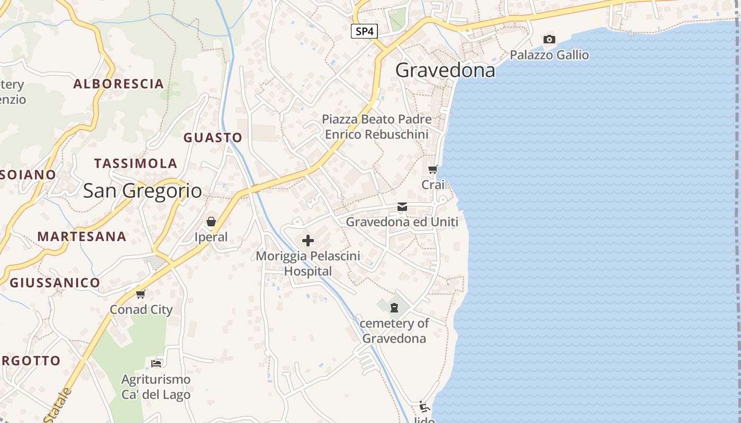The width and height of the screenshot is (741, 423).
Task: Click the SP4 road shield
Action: (x=364, y=31)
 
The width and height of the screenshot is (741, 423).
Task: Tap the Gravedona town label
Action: (x=445, y=70)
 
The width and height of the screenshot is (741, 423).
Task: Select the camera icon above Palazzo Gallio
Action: (x=549, y=39)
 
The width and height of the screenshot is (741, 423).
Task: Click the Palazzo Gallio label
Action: (x=549, y=55)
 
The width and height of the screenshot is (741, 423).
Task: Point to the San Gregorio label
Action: (x=142, y=191)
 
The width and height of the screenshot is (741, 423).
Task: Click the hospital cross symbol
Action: (x=308, y=241)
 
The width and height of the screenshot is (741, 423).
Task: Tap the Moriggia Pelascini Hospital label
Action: (x=308, y=263)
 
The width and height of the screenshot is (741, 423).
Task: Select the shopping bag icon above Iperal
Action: (x=211, y=222)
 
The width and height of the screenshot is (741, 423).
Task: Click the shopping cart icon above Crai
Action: (x=432, y=170)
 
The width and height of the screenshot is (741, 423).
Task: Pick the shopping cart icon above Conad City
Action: (x=140, y=294)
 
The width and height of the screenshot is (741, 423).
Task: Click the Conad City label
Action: (x=141, y=309)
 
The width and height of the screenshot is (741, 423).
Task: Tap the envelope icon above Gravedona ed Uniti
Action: (x=402, y=207)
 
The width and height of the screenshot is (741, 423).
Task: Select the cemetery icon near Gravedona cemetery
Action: (x=394, y=307)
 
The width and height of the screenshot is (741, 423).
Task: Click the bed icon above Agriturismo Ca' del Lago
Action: (x=156, y=363)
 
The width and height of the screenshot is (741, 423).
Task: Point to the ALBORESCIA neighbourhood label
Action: (x=119, y=84)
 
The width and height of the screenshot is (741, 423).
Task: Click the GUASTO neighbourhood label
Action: (x=213, y=137)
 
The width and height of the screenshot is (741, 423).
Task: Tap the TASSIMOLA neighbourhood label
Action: (x=135, y=163)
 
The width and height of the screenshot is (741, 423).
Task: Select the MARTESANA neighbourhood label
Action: (x=82, y=236)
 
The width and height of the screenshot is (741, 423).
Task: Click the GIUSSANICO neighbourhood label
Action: (x=55, y=283)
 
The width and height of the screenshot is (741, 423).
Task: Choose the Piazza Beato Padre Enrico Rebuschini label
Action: (x=376, y=127)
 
